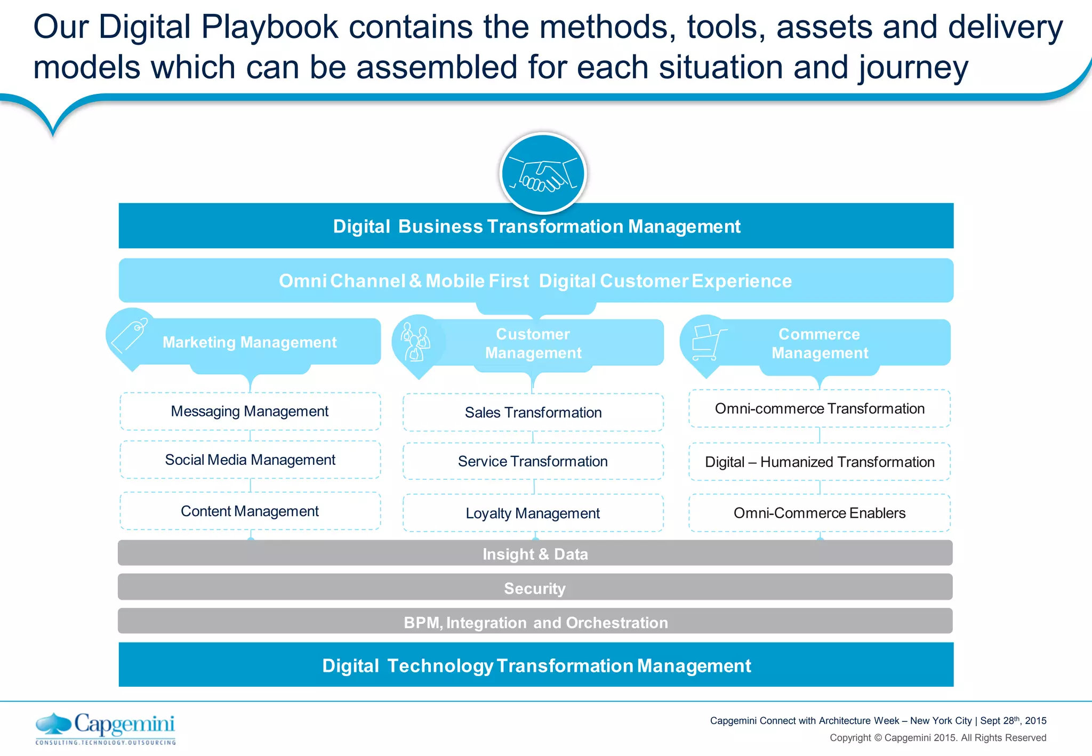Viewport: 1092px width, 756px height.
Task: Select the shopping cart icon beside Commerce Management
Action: click(708, 343)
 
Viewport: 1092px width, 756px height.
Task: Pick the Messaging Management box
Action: click(250, 412)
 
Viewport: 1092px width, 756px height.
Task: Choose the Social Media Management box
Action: click(250, 460)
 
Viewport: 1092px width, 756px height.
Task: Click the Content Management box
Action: click(250, 511)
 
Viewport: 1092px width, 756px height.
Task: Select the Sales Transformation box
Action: click(533, 413)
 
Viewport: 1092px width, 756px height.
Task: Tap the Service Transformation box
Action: click(533, 461)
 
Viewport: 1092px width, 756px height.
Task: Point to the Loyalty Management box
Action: click(533, 513)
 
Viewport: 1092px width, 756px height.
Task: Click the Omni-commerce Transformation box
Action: click(820, 409)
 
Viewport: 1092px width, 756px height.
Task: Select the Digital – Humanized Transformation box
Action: click(820, 462)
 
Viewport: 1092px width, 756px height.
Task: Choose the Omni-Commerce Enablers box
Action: click(820, 513)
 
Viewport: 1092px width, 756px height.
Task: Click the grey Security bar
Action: click(535, 588)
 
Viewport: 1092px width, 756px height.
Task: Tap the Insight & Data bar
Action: click(535, 553)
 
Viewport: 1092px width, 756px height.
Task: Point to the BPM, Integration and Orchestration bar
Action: click(535, 622)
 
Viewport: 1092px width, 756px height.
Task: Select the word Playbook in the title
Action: click(270, 27)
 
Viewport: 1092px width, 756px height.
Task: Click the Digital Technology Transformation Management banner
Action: click(536, 665)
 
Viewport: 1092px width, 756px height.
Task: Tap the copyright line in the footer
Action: click(937, 738)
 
